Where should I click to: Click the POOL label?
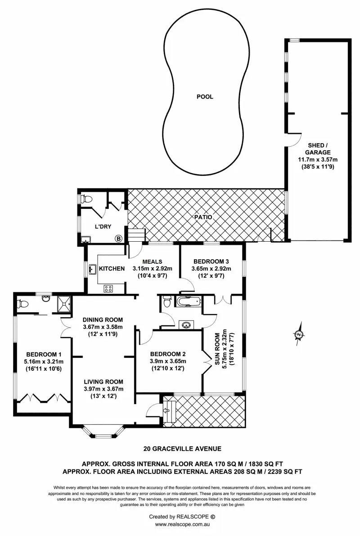[x=205, y=97]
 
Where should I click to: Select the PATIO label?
[x=203, y=217]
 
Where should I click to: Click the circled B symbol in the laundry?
[x=118, y=239]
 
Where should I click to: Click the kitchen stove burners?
[x=108, y=288]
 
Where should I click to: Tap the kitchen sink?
[x=93, y=270]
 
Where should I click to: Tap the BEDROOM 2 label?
[x=168, y=353]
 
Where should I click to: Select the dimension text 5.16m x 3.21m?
[x=44, y=361]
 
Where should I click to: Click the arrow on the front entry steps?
[x=166, y=410]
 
